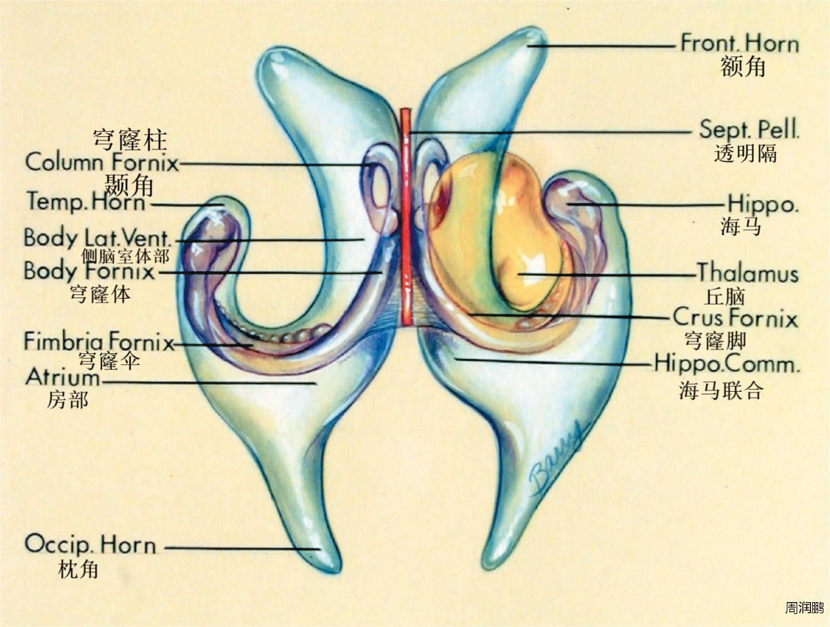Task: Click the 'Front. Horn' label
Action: tap(740, 44)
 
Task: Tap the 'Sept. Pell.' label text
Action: tap(749, 129)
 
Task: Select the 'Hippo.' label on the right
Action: tap(763, 204)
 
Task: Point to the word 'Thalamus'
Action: tap(747, 273)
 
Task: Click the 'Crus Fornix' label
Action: tap(735, 318)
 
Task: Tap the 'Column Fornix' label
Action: tap(102, 162)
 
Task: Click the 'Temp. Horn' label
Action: tap(86, 201)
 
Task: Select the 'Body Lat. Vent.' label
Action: tap(98, 237)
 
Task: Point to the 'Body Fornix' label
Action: tap(89, 270)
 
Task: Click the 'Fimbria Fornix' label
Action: tap(99, 341)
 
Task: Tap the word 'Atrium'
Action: tap(63, 377)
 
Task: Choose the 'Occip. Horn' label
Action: tap(90, 544)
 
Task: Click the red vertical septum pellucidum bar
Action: tap(406, 216)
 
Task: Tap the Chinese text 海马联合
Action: tap(721, 390)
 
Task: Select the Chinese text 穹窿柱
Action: tap(130, 140)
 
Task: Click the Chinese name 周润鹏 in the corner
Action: tap(804, 607)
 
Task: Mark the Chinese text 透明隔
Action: tap(745, 153)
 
